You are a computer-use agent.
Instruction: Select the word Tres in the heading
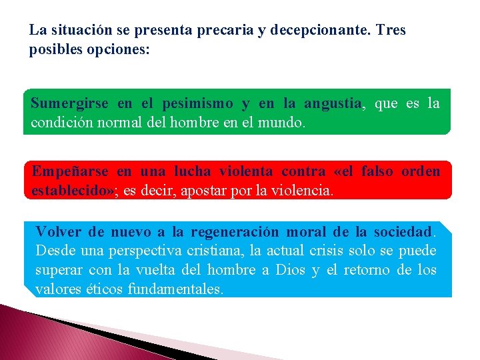(x=391, y=31)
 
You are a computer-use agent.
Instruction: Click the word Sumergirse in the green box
(x=69, y=104)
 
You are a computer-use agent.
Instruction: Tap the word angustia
(x=332, y=104)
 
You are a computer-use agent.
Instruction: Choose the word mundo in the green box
(x=284, y=123)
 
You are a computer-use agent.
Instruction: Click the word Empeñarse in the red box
(x=69, y=171)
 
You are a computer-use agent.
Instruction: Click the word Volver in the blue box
(x=59, y=232)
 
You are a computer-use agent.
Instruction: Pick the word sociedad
(x=402, y=232)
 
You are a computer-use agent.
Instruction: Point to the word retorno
(x=367, y=270)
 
